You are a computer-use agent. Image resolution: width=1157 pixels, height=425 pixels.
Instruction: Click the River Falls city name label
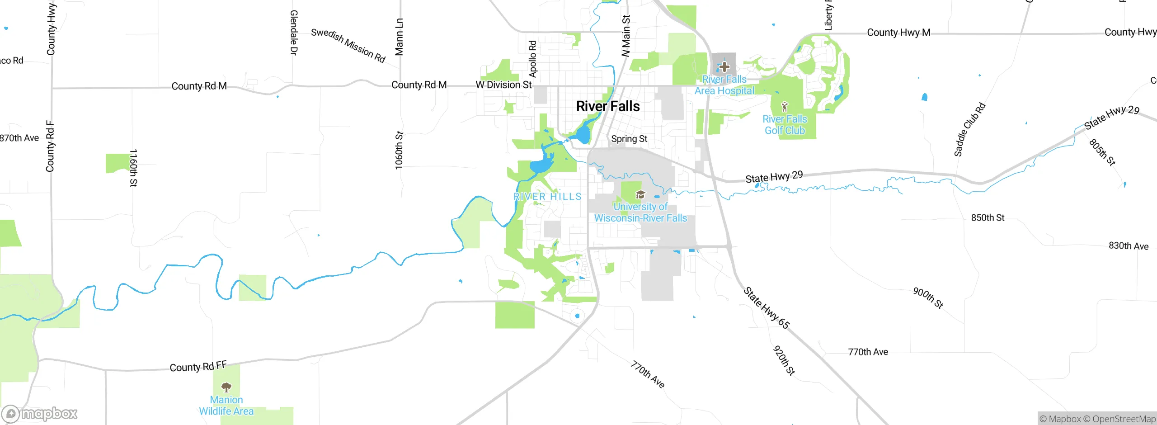point(608,106)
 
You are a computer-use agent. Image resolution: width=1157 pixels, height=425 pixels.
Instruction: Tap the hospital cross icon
point(724,67)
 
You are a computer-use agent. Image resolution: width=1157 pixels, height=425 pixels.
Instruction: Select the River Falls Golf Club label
point(785,125)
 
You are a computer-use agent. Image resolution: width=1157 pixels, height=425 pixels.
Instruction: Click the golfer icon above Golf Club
point(785,107)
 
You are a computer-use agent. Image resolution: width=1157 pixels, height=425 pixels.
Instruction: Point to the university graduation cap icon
point(640,195)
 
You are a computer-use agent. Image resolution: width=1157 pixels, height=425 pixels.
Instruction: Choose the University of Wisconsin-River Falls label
point(640,212)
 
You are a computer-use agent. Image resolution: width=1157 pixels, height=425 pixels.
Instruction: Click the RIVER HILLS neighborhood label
point(547,197)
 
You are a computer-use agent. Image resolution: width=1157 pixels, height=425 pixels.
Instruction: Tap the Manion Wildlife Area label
point(226,406)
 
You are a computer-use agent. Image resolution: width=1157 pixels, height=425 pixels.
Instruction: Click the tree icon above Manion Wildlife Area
point(226,387)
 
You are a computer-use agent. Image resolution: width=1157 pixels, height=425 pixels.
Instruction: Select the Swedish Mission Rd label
point(348,45)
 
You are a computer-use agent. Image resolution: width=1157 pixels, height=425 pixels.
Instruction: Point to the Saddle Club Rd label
point(969,130)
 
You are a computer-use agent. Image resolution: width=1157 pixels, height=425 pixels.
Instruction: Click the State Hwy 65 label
point(767,308)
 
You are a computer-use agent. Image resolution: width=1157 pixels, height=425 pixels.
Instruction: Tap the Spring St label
point(629,139)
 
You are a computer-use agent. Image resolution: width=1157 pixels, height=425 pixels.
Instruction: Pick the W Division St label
point(503,85)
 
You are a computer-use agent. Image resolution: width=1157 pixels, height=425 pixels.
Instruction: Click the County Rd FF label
point(198,366)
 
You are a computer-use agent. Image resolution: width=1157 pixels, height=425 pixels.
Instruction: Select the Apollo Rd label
point(532,59)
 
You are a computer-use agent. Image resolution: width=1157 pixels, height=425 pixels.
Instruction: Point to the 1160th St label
point(133,168)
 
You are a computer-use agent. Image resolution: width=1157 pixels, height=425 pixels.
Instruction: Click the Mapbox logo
point(40,414)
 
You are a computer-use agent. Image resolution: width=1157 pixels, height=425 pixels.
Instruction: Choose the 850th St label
point(988,218)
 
